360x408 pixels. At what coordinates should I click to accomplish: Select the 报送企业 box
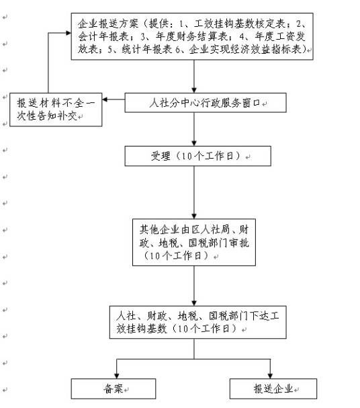pos(272,389)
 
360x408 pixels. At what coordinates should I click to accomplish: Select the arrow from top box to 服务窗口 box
pos(194,77)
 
